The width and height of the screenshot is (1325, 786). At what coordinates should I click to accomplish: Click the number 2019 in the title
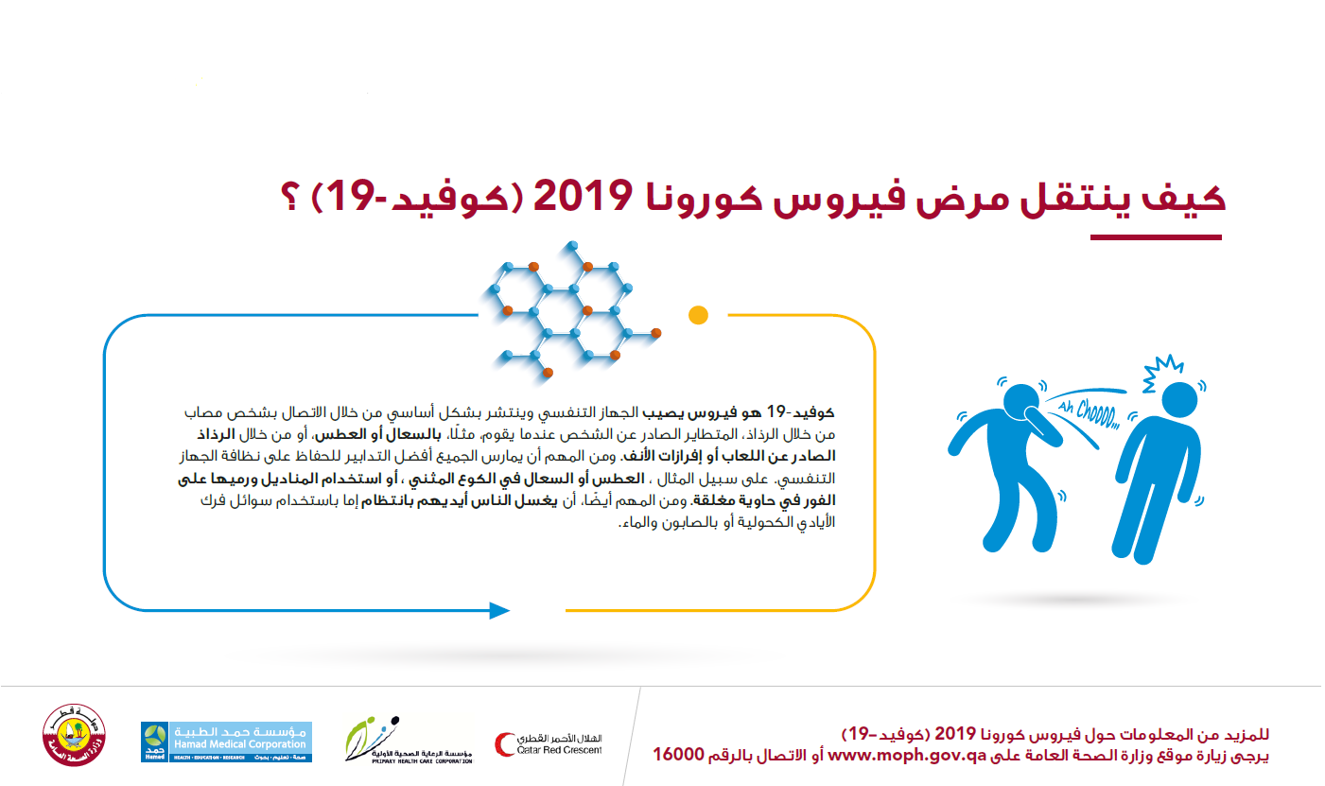pos(583,197)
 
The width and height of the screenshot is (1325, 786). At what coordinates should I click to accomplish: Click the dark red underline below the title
pos(1156,237)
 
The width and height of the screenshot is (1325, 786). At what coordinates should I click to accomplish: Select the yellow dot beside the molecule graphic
pos(698,315)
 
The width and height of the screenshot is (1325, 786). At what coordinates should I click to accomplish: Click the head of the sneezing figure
pos(1021,403)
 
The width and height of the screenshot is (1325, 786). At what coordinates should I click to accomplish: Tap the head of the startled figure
pos(1179,400)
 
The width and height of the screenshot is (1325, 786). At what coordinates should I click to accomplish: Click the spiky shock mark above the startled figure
pos(1161,372)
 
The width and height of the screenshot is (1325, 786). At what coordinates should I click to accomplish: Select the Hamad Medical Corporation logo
pos(226,742)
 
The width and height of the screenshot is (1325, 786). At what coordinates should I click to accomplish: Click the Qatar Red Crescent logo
pos(549,744)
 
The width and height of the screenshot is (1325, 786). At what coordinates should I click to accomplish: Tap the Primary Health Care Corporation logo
pos(409,741)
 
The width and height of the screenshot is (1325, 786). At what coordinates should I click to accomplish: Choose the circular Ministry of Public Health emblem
pos(74,735)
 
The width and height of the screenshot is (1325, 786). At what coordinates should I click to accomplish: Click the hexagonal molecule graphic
pos(572,309)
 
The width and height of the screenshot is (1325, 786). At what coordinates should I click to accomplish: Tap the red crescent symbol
pos(505,744)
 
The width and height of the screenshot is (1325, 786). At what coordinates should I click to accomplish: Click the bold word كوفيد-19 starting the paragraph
pos(800,411)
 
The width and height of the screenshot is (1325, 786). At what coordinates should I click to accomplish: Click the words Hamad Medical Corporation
pos(239,744)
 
